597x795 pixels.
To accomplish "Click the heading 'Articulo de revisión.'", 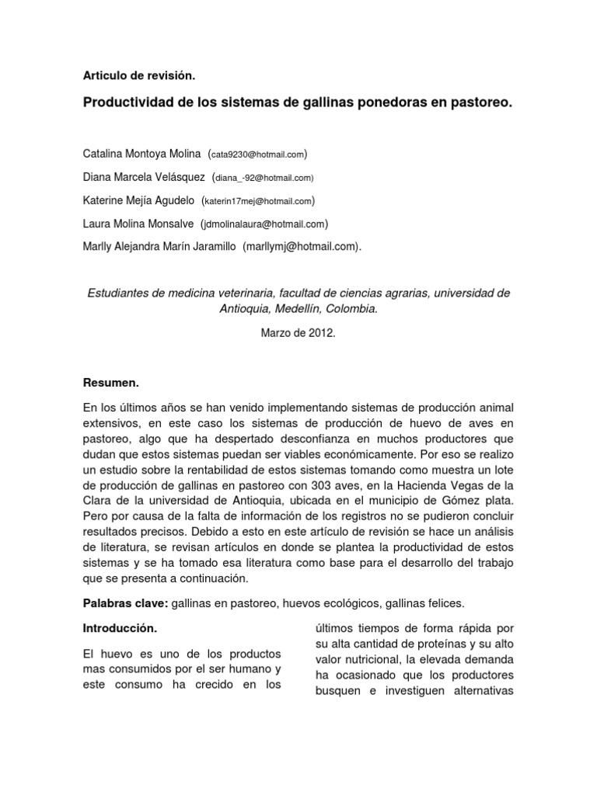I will pos(138,75).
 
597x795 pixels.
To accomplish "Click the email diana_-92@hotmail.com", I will pos(264,178).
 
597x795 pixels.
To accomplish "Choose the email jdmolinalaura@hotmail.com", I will pos(265,224).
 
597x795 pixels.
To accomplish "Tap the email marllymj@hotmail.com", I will pos(302,247).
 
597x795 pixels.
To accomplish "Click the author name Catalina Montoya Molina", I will pos(141,154).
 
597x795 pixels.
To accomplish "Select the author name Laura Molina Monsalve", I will pos(137,224).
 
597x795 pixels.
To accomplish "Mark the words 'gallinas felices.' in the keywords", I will pos(434,603).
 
